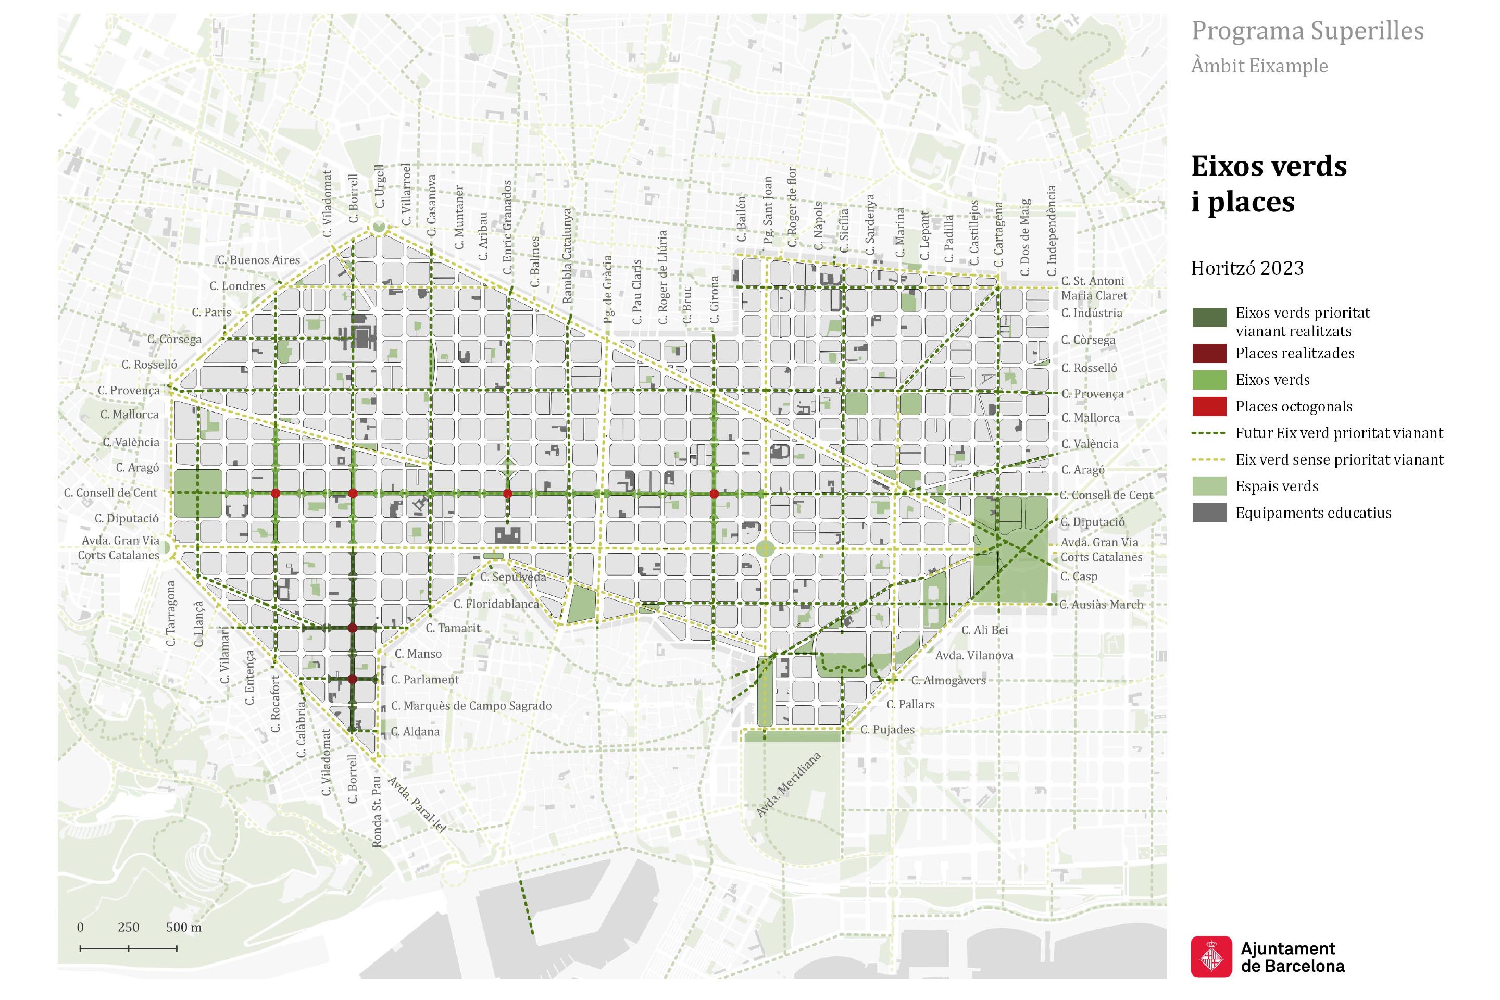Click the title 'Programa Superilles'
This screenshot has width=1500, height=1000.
point(1307,31)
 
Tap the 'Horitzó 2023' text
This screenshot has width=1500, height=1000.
point(1247,269)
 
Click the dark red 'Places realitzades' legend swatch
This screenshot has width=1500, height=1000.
point(1208,353)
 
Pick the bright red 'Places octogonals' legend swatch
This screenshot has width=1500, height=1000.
point(1208,406)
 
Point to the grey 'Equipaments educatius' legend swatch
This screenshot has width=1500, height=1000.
point(1208,512)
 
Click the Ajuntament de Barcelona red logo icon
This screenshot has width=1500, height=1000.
point(1211,957)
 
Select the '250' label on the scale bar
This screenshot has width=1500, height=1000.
point(128,927)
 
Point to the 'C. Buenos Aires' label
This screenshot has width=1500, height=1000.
point(258,260)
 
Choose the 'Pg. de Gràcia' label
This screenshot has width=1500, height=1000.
point(608,289)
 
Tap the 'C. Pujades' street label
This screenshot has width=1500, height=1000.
point(887,730)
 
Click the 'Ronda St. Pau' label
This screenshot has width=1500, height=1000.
point(377,811)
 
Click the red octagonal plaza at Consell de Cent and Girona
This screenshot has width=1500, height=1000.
point(714,494)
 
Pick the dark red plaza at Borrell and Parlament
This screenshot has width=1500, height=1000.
point(352,680)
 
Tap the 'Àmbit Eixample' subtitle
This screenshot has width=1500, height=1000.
point(1259,66)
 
